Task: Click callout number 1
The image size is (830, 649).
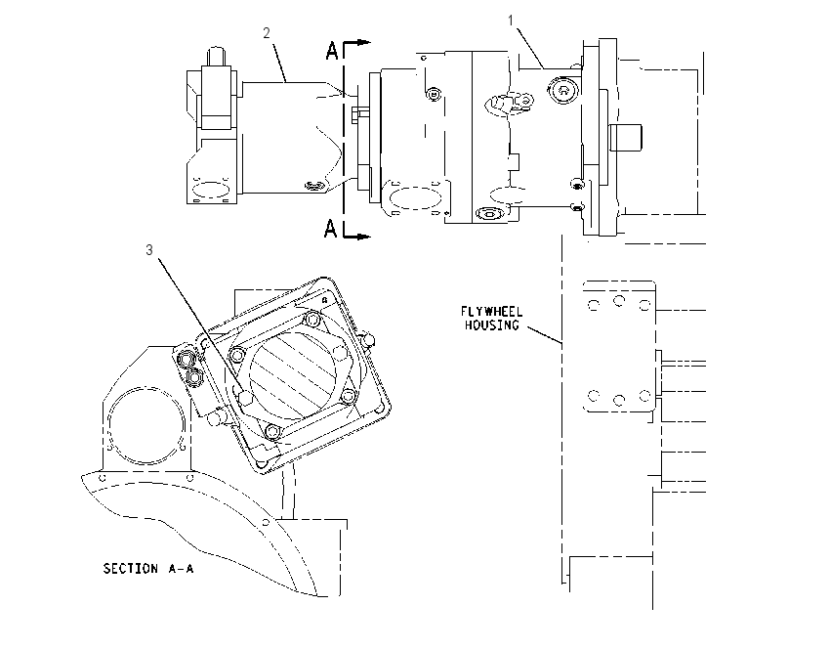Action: (511, 21)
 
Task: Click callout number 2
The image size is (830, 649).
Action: (267, 33)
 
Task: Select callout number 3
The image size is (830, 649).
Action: (149, 250)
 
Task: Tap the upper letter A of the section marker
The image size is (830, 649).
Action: (332, 52)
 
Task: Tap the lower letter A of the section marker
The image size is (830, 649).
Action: (330, 229)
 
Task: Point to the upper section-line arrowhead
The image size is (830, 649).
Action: (363, 42)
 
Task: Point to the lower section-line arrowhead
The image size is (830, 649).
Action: (363, 237)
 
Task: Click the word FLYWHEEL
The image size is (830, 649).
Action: (491, 312)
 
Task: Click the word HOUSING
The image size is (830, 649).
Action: (491, 324)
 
